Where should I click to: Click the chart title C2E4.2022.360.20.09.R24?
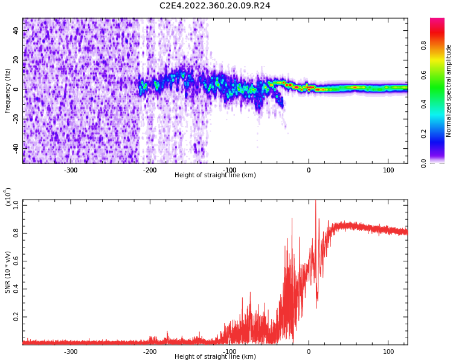[x=215, y=6]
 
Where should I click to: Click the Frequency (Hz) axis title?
[x=8, y=90]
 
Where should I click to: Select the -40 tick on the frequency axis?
[x=16, y=148]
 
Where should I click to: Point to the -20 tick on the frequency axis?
[x=16, y=119]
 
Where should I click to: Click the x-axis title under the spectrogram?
[x=215, y=175]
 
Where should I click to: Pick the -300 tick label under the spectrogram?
[x=71, y=170]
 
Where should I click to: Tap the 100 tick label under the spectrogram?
[x=388, y=170]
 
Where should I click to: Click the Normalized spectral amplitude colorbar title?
[x=449, y=90]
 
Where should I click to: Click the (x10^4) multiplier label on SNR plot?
[x=8, y=197]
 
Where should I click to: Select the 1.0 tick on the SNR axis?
[x=16, y=205]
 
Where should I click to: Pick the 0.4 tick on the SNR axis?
[x=16, y=289]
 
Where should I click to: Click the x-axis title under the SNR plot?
[x=215, y=357]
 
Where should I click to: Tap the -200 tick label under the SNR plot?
[x=150, y=352]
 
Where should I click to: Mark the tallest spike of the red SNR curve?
[x=315, y=202]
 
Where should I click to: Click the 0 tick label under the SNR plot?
[x=309, y=352]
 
